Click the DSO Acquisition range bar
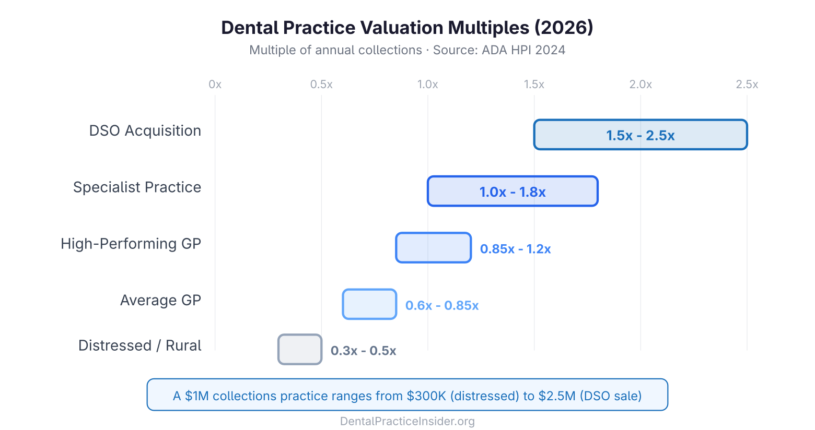tap(640, 135)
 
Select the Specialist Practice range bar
tap(512, 191)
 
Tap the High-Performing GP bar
tap(433, 247)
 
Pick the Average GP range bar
tap(369, 304)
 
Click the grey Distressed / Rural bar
tap(300, 349)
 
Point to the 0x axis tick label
tap(215, 85)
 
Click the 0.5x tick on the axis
tap(321, 85)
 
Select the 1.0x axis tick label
tap(427, 85)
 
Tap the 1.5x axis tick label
tap(534, 85)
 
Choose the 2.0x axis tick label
tap(641, 85)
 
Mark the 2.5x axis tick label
tap(747, 85)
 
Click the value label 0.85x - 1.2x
tap(515, 249)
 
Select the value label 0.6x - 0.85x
tap(442, 305)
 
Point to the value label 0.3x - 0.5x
tap(363, 351)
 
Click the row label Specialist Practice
tap(137, 187)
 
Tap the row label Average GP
tap(160, 301)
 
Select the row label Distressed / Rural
tap(139, 345)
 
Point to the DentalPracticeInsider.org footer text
tap(407, 421)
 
